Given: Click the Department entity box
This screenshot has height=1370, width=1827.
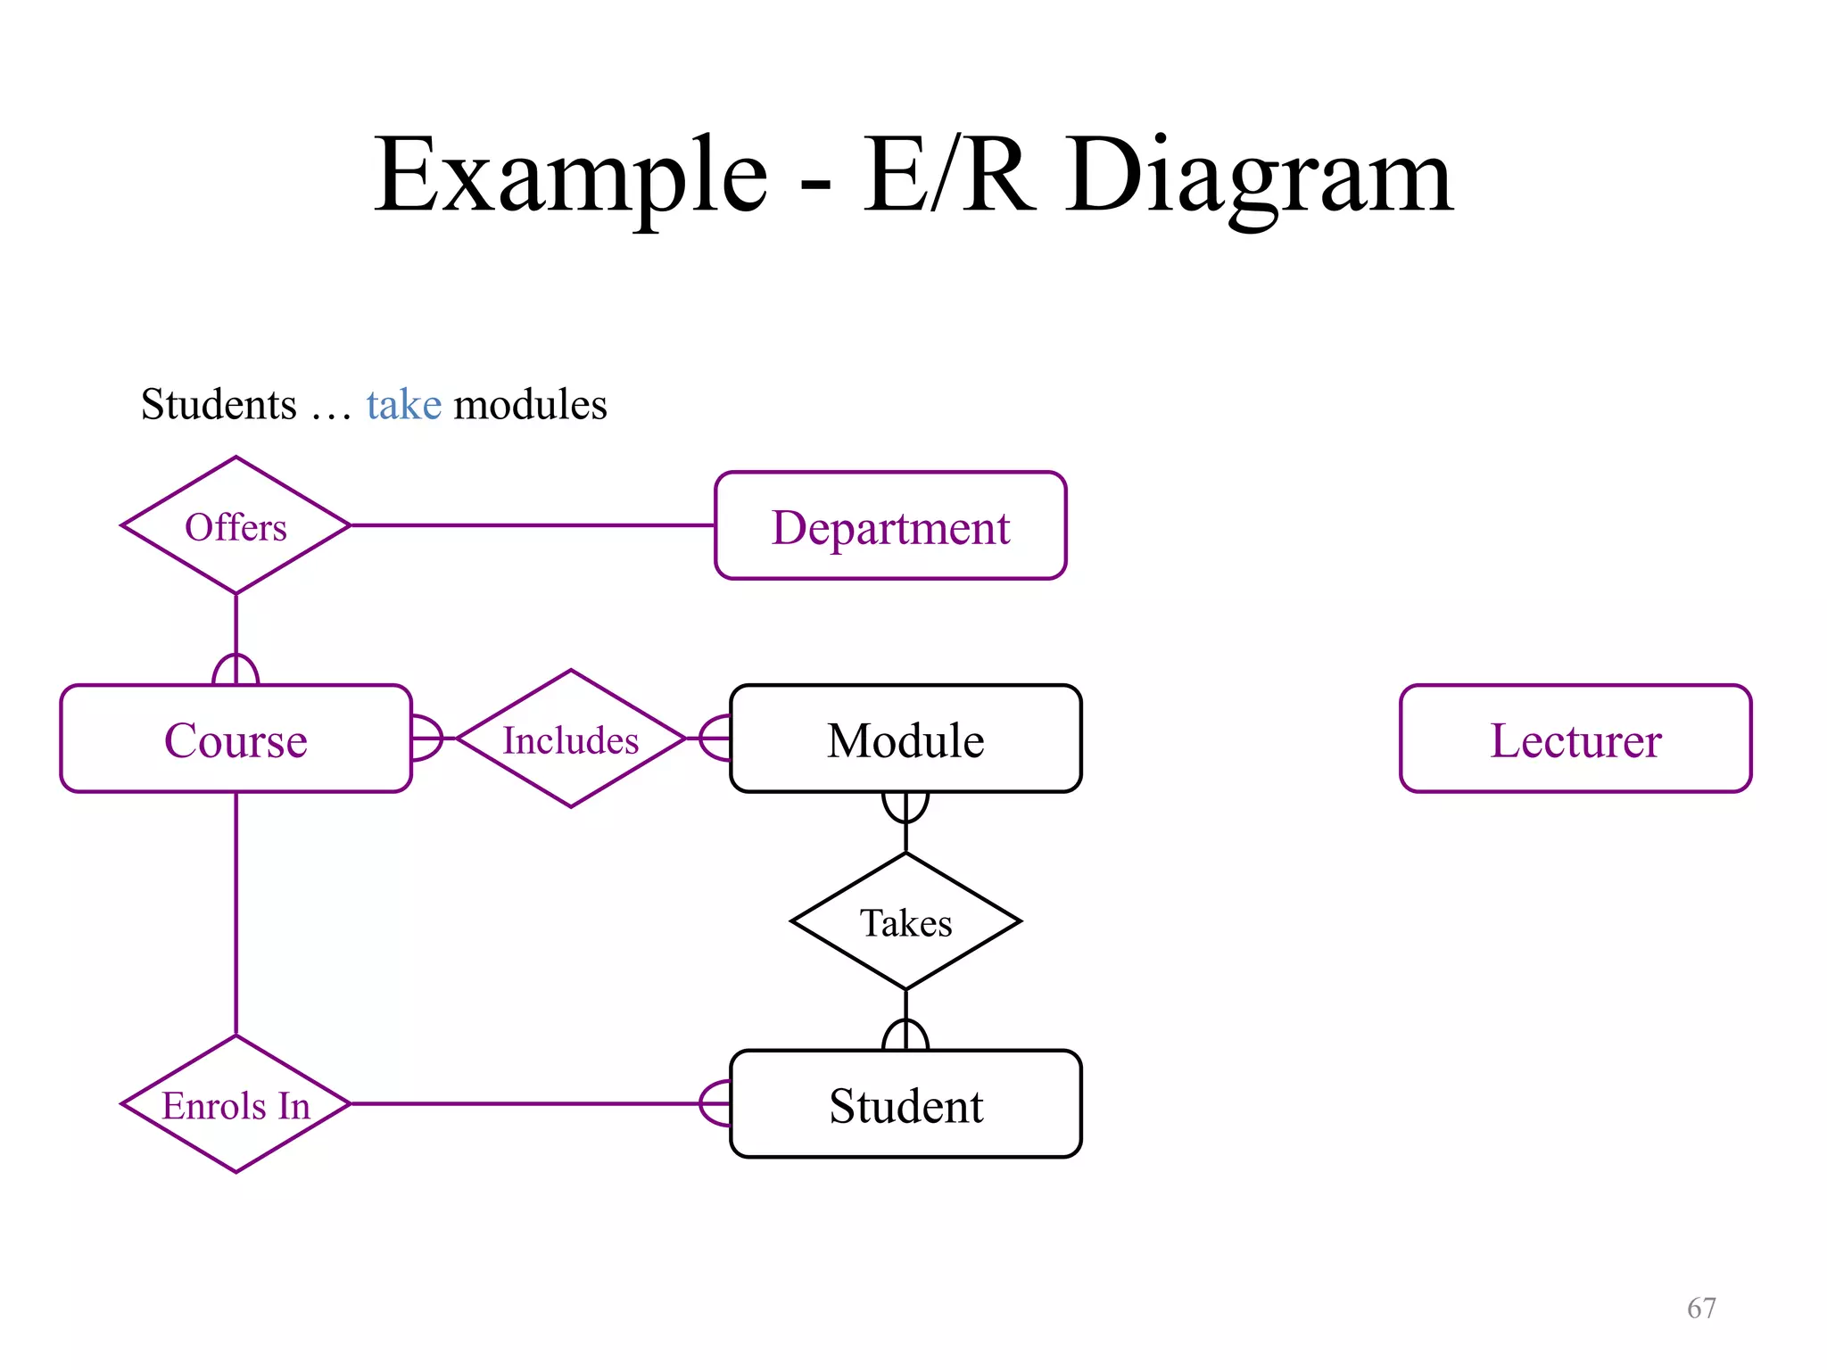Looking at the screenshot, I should (x=890, y=526).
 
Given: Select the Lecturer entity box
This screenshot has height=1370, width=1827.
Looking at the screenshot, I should (x=1575, y=739).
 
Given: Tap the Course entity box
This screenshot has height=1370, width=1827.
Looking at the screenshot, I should (x=236, y=739).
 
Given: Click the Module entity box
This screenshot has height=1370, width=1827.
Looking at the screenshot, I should (x=905, y=739).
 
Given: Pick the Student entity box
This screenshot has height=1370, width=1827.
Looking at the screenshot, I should (x=905, y=1105).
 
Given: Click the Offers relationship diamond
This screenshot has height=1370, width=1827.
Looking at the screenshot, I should (x=236, y=526).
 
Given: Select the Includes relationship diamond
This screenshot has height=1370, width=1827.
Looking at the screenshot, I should (x=571, y=739).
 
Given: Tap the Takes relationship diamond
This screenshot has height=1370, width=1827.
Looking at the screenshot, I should (x=905, y=922).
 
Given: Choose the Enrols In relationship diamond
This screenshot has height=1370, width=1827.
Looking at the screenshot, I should (x=236, y=1105).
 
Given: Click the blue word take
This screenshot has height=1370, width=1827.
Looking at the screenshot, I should (x=403, y=405).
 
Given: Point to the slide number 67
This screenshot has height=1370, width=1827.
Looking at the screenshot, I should (x=1701, y=1308).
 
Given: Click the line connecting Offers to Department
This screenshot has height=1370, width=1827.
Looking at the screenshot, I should (x=532, y=525).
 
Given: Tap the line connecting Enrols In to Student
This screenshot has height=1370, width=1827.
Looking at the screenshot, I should (x=526, y=1104).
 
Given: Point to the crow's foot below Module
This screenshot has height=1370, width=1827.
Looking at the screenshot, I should (x=905, y=806).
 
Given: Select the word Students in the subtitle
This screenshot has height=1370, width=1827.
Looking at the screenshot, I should (x=219, y=405).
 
